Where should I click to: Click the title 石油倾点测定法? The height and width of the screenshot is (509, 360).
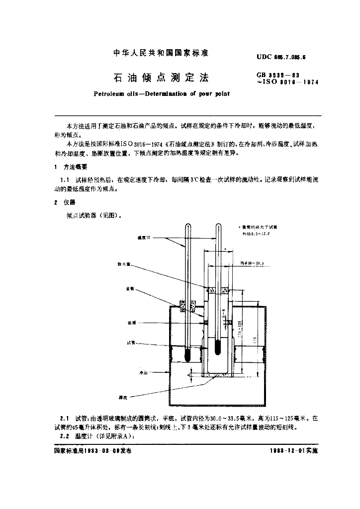[161, 78]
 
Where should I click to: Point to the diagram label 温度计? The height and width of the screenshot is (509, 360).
[143, 238]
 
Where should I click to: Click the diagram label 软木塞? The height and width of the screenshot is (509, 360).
[123, 264]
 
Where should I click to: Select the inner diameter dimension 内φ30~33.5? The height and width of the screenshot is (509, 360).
[252, 262]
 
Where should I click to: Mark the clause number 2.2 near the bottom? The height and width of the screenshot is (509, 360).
[64, 436]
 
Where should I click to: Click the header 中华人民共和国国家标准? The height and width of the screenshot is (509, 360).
[161, 53]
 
